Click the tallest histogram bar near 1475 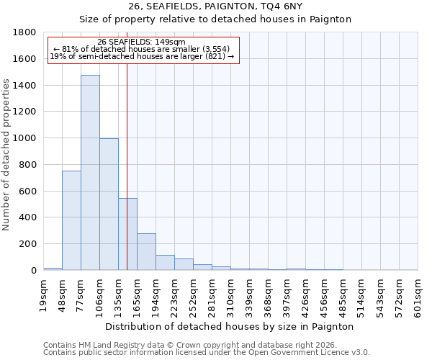[90, 173]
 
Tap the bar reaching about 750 [71, 220]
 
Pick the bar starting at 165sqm [146, 252]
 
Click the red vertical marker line [127, 166]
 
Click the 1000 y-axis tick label [24, 138]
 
